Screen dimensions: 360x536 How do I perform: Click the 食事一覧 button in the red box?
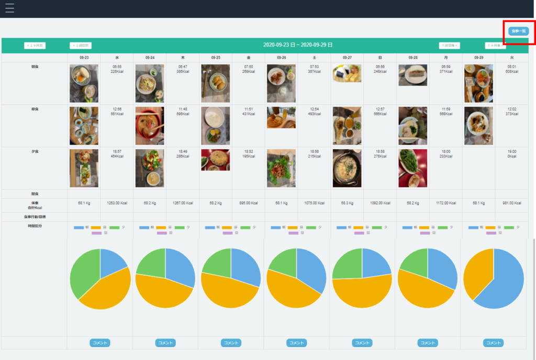click(518, 31)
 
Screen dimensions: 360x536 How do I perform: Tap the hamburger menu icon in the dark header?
click(9, 8)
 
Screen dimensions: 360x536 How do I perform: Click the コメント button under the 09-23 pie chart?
click(99, 343)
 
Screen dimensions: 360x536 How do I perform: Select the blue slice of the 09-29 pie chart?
click(502, 277)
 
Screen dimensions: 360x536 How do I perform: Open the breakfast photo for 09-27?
click(347, 73)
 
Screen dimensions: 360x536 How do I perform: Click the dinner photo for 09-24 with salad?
click(149, 168)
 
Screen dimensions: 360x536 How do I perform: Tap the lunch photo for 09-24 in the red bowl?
click(149, 126)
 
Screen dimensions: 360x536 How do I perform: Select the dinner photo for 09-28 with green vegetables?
click(412, 168)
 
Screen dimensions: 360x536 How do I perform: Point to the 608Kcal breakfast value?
click(511, 72)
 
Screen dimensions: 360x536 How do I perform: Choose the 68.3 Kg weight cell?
click(347, 203)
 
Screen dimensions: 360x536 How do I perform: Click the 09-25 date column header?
click(216, 58)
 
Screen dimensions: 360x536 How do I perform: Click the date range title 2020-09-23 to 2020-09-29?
click(298, 46)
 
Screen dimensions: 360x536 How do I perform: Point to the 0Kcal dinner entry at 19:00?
click(511, 153)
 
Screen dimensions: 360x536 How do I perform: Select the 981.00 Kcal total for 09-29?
click(511, 203)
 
